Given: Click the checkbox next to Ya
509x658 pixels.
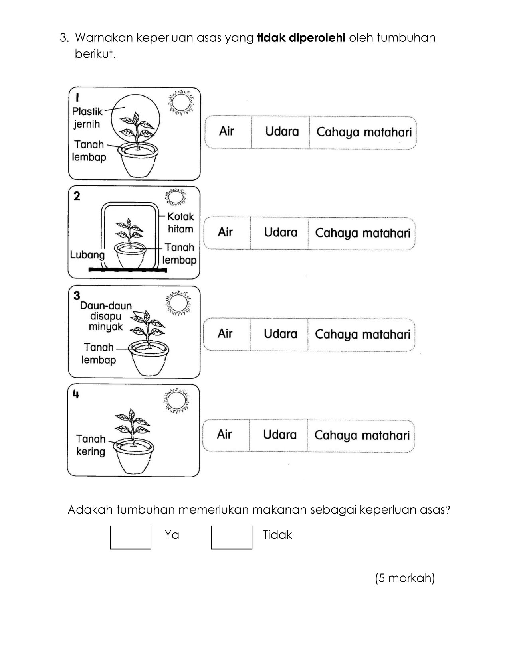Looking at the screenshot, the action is [131, 537].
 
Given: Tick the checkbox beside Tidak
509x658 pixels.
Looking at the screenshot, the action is [232, 537].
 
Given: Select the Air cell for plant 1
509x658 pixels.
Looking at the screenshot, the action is [228, 132].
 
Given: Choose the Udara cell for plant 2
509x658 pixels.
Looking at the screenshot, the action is [279, 233].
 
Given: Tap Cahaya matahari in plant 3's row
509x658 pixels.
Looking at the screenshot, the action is [361, 334].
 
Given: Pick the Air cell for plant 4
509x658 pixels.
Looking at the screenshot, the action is [226, 435].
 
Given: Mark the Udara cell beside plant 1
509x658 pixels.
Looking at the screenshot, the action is [280, 132].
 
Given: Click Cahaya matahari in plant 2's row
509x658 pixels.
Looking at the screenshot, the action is [362, 233].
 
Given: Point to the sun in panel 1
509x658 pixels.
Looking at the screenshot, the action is [181, 102].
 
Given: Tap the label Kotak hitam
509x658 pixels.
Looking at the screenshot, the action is [181, 223].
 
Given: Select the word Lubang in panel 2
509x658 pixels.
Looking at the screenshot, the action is [87, 255].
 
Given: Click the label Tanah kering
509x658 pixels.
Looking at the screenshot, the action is [91, 445].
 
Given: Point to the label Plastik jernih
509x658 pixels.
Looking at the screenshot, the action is [87, 118].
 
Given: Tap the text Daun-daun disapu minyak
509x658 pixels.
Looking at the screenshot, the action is [106, 316].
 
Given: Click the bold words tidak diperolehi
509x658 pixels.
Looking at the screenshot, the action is [301, 38].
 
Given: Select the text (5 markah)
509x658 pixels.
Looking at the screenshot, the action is [405, 578].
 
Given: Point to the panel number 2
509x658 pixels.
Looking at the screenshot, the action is [77, 196].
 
